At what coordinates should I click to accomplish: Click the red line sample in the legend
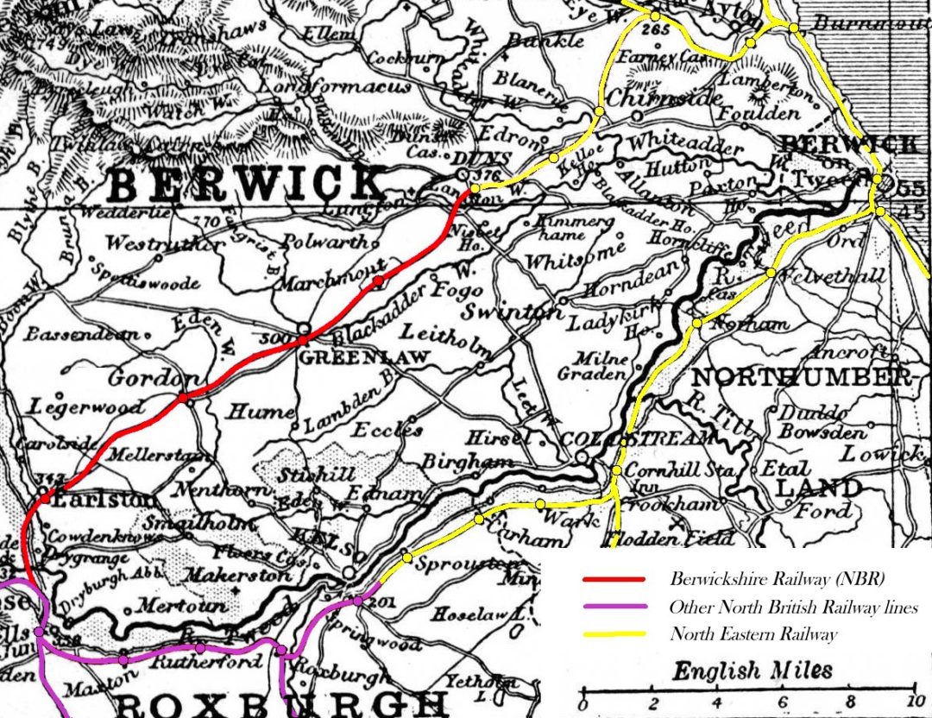click(614, 579)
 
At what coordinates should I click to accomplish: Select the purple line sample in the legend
click(614, 607)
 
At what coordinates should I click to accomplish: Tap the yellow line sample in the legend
click(614, 634)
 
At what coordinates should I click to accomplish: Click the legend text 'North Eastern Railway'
click(753, 634)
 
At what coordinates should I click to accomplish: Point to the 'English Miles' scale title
click(753, 671)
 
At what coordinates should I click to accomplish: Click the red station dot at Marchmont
click(376, 280)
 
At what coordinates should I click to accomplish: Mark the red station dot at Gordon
click(183, 398)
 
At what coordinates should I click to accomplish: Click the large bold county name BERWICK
click(248, 184)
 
